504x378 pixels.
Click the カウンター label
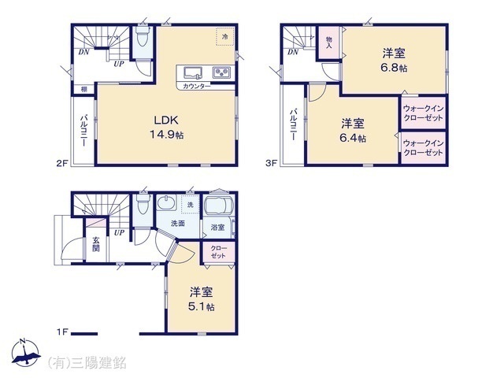[196, 86]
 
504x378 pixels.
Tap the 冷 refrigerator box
[224, 35]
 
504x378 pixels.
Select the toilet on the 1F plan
[143, 206]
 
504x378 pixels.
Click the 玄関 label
[95, 244]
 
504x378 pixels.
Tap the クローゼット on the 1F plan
[218, 252]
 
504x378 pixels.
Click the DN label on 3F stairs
[292, 53]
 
